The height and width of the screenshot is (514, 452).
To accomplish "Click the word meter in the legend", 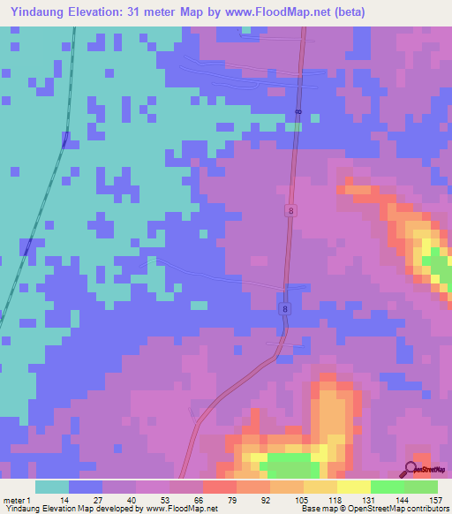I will (x=12, y=500).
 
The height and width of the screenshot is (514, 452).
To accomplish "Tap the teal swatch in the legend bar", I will (x=52, y=487).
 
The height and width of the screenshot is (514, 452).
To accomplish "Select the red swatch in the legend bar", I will (x=220, y=487).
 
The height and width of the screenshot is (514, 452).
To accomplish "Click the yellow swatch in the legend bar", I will (x=354, y=487).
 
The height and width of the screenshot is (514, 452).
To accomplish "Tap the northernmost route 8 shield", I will (x=290, y=209).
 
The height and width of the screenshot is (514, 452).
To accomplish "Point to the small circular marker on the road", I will (x=298, y=111).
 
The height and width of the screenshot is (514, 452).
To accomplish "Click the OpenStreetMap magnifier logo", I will (x=412, y=468).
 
